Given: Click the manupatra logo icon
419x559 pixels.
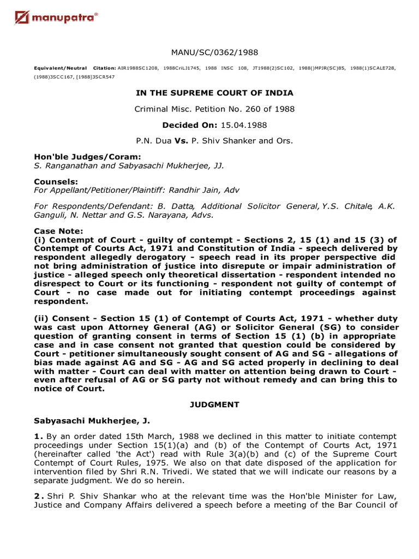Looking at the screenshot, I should [x=22, y=20].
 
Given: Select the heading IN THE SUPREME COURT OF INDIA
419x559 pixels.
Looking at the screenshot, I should [x=214, y=93].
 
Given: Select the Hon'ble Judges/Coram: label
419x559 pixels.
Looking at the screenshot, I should [x=72, y=157].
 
